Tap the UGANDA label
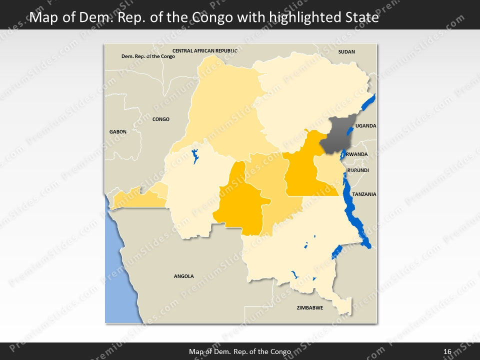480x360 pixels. tap(365, 126)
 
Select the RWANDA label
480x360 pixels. tap(356, 154)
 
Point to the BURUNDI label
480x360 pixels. tap(358, 170)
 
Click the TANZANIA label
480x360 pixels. tap(364, 194)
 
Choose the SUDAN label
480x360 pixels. tap(346, 51)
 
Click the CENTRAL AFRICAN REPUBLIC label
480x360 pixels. tap(204, 51)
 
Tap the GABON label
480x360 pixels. tap(118, 131)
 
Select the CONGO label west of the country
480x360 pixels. tap(161, 119)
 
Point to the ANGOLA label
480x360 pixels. tap(183, 276)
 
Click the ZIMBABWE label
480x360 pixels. tap(309, 307)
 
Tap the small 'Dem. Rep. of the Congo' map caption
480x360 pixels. tap(148, 56)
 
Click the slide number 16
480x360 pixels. tap(447, 351)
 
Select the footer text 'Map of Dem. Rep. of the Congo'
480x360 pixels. tap(240, 351)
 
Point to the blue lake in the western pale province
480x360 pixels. tap(195, 156)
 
